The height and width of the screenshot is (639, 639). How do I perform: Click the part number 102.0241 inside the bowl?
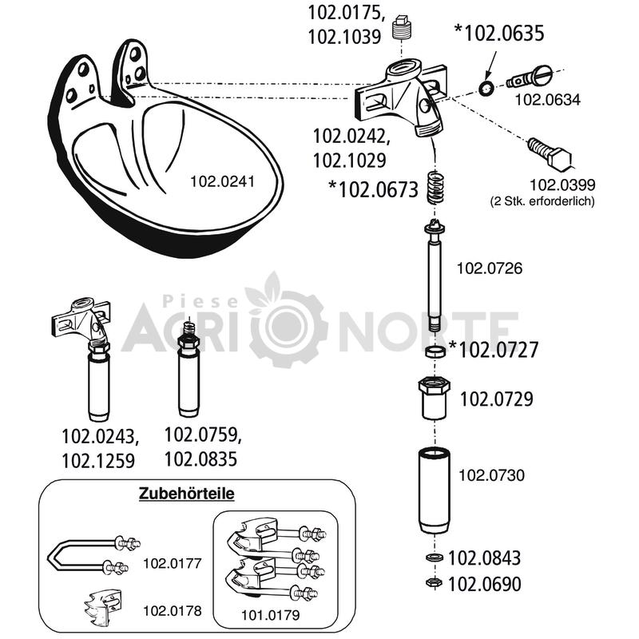coord(223,181)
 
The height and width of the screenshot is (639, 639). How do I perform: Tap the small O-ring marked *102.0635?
coord(486,88)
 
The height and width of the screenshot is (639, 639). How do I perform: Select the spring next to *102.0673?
coord(435,188)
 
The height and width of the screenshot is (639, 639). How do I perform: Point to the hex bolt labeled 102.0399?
coord(550,154)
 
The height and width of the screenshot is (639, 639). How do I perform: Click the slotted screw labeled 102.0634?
coord(530,77)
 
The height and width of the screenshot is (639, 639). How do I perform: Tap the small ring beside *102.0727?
coord(435,351)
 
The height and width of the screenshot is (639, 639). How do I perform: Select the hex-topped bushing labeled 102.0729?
coord(435,398)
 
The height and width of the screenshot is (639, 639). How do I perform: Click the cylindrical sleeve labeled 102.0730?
coord(435,490)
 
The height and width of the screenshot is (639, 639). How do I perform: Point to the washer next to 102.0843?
coord(434,557)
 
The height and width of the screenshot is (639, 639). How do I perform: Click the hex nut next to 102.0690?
coord(434,582)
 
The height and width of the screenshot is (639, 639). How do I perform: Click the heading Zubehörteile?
coord(187,493)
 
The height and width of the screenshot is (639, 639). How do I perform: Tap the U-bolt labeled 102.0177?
coord(93,554)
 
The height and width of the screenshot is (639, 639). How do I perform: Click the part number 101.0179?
coord(271,615)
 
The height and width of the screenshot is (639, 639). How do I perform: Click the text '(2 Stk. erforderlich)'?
coord(543,201)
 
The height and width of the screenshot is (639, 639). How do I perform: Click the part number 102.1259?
coord(98,462)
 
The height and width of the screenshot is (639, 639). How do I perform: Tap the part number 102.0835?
coord(201,459)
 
